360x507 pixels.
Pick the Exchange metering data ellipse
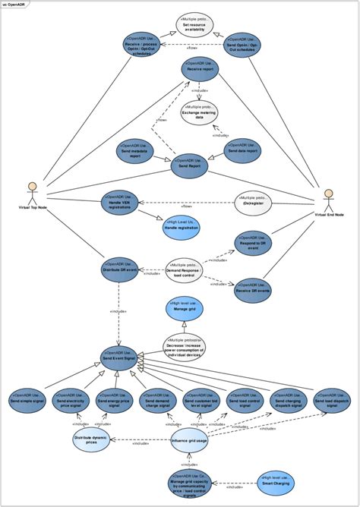coord(199,112)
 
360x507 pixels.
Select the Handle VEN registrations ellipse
coord(122,205)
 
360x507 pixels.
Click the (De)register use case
coord(253,203)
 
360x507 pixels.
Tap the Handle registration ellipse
coord(182,228)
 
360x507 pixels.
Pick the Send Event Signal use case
coord(119,357)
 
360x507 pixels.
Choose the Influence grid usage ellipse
coord(190,441)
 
